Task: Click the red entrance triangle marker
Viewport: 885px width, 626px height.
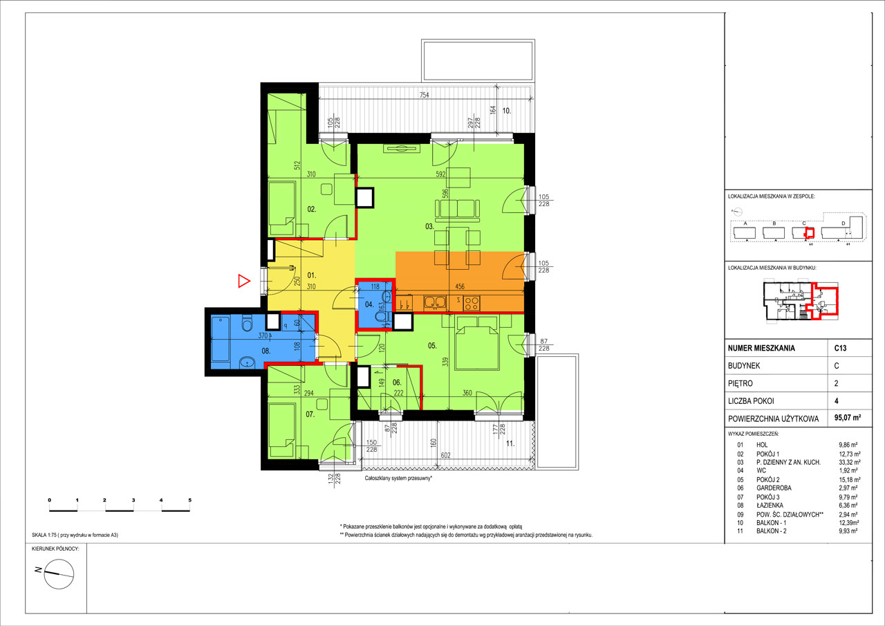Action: click(243, 280)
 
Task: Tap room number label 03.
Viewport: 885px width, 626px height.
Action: click(429, 227)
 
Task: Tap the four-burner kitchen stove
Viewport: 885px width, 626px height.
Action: click(472, 302)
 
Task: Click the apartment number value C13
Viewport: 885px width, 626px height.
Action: click(840, 349)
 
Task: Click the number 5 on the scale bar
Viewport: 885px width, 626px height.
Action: click(189, 499)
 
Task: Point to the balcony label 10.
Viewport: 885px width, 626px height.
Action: click(506, 111)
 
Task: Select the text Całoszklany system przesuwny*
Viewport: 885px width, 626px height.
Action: click(399, 478)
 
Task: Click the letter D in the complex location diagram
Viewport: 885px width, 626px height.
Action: click(843, 223)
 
